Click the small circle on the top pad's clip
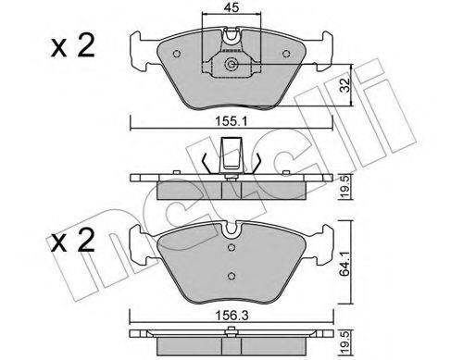(x=232, y=65)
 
